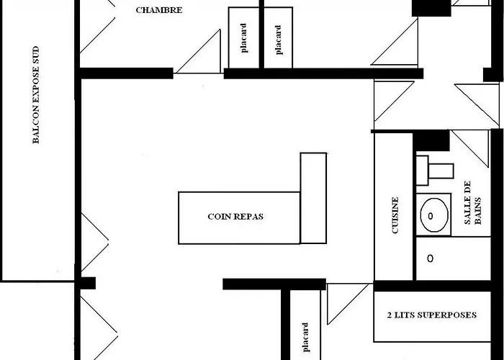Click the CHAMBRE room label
[159, 11]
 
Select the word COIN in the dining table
[219, 216]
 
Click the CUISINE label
[395, 217]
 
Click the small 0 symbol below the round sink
[431, 258]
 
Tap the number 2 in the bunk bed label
[390, 315]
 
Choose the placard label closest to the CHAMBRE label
[244, 39]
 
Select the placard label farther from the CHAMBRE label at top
[279, 39]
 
